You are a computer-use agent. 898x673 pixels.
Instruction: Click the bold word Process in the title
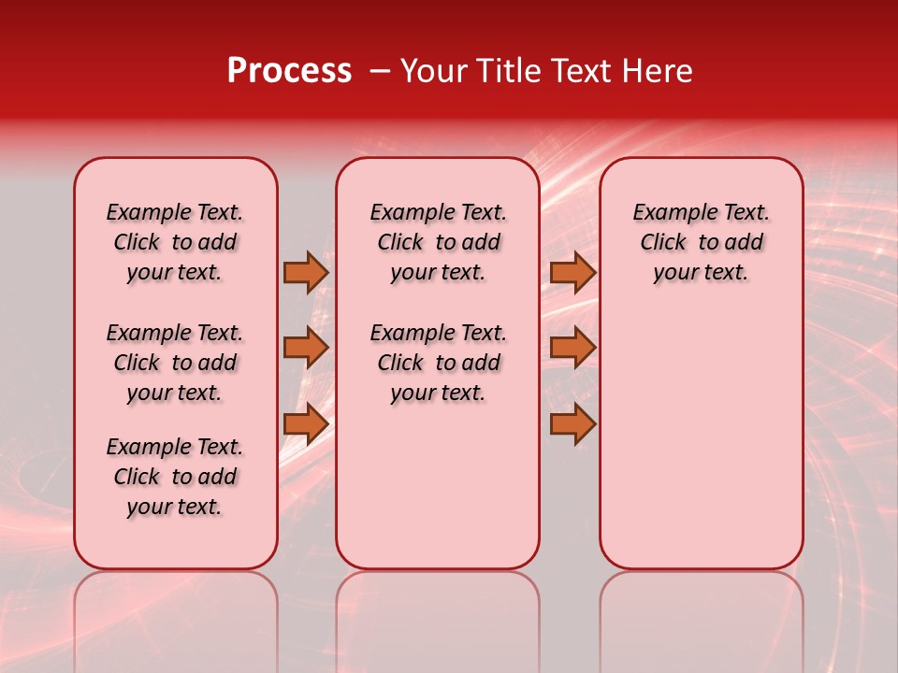tap(289, 71)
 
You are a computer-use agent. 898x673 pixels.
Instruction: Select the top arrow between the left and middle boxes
tap(306, 272)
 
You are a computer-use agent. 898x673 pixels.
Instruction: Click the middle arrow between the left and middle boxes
tap(306, 348)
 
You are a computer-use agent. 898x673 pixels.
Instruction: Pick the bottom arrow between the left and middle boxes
tap(306, 424)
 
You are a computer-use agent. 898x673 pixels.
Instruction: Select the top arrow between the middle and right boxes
tap(572, 272)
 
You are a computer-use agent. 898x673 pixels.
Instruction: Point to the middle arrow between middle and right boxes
tap(572, 348)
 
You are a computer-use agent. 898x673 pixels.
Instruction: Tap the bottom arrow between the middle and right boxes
tap(572, 424)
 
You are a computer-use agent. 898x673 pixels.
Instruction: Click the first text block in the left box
tap(175, 242)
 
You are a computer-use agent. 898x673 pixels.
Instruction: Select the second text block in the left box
tap(175, 363)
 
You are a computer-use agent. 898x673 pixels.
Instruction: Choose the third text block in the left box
tap(175, 477)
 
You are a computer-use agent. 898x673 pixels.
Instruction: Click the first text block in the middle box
tap(439, 242)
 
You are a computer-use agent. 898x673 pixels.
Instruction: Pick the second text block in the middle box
tap(439, 363)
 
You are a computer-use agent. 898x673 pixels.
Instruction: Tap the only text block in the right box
tap(702, 242)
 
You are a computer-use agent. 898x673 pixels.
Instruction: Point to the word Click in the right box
tap(663, 243)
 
